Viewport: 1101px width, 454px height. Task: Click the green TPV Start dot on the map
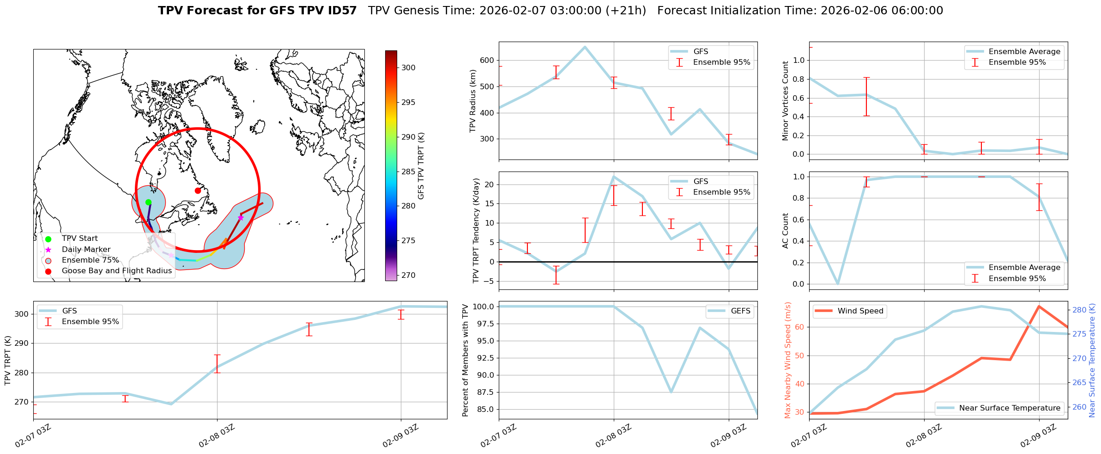[x=148, y=202]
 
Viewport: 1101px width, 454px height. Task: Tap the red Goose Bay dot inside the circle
[x=198, y=190]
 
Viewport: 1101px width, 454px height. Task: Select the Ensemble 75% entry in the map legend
[x=90, y=260]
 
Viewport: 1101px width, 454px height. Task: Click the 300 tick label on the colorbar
[x=408, y=67]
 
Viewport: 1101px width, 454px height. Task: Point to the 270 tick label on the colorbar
[x=408, y=275]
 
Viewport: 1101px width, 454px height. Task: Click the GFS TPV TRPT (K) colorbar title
[x=421, y=166]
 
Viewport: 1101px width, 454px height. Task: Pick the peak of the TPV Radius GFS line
[x=585, y=47]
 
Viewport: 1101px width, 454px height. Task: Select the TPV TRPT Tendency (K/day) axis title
[x=477, y=231]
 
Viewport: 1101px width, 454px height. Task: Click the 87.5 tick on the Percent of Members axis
[x=484, y=392]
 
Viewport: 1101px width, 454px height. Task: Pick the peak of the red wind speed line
[x=1039, y=306]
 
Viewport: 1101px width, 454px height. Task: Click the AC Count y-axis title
[x=786, y=231]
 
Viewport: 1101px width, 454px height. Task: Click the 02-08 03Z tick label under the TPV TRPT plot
[x=217, y=436]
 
